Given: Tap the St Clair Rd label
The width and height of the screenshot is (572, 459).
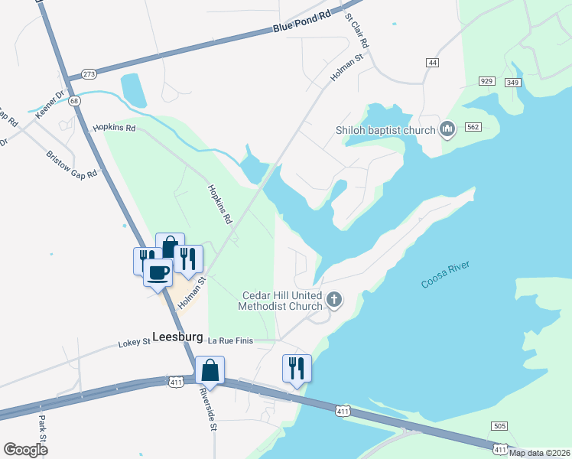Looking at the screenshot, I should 357,31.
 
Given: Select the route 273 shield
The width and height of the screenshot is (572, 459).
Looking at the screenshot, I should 89,74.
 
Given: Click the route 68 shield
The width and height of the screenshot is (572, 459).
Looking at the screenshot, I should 73,100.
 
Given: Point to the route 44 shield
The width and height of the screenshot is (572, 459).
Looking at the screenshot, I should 433,62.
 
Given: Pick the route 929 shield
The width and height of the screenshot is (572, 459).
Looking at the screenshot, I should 486,81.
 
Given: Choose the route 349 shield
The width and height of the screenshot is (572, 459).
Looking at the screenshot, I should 512,82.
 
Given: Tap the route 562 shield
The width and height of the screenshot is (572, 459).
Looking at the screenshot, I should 472,127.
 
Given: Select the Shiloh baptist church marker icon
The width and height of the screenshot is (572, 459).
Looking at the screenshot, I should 448,129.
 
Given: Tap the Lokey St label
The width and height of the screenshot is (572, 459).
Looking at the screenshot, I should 134,343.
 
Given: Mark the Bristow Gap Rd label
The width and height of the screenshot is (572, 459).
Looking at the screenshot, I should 71,163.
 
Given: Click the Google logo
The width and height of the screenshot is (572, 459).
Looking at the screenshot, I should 26,450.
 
